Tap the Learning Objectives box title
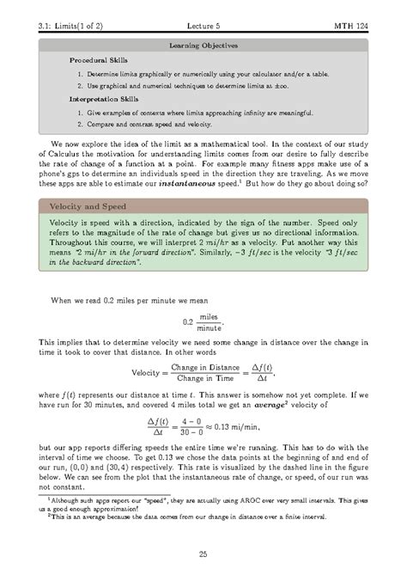click(x=203, y=43)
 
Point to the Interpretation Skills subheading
click(x=101, y=100)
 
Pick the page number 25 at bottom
click(x=203, y=554)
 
